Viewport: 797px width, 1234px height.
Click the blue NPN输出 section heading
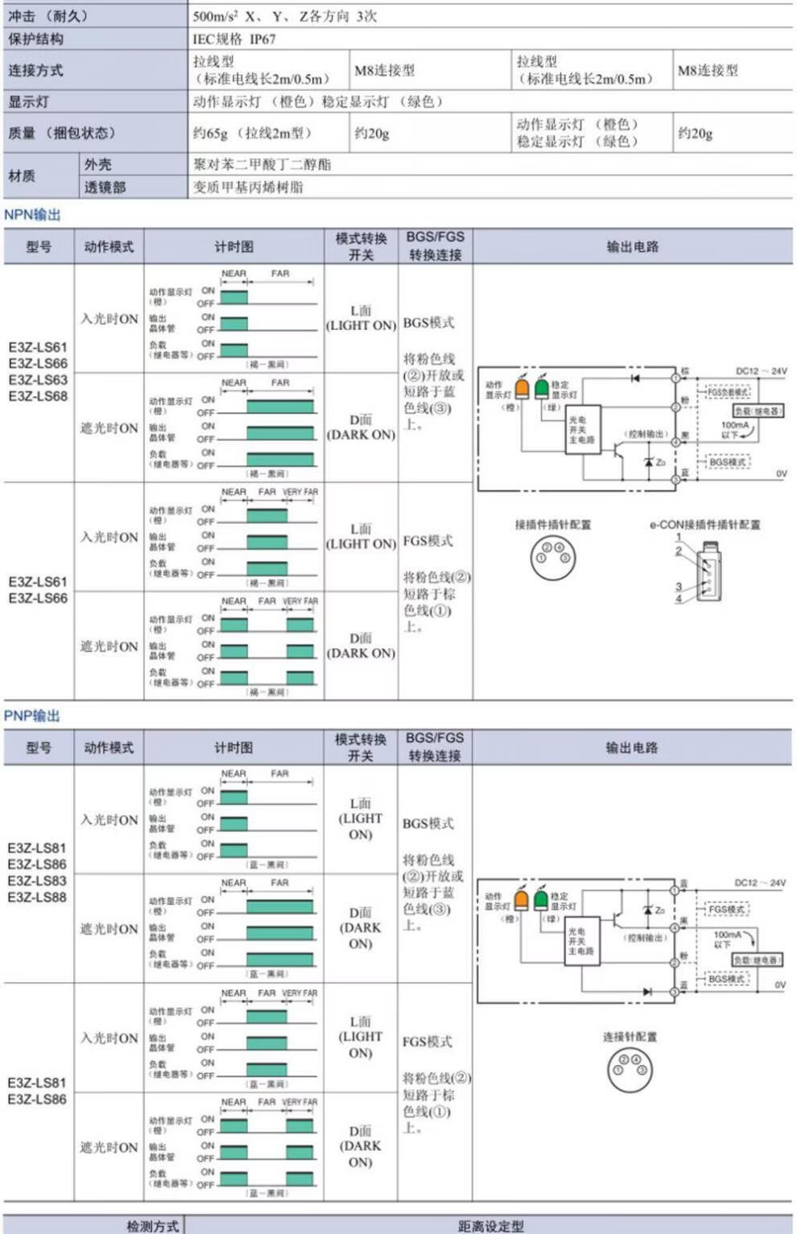pos(32,215)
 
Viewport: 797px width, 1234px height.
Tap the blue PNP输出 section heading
pos(32,716)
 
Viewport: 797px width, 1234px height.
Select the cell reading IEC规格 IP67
pos(233,39)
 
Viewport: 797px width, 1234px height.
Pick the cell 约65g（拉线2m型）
pos(252,133)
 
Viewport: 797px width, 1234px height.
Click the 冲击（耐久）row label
pos(48,16)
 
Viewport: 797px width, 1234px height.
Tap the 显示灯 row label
pos(28,101)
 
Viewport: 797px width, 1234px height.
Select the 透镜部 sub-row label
pos(105,188)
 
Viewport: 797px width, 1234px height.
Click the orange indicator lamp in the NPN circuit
pos(522,388)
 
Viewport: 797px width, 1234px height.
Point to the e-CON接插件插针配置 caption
pos(704,525)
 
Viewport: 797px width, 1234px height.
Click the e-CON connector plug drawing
pos(708,572)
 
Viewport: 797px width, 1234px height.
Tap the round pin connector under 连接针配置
pos(630,1069)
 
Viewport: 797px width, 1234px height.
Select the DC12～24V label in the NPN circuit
pos(761,371)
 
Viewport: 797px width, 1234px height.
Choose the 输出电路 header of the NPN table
pos(632,246)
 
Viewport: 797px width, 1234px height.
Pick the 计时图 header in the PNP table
pos(233,748)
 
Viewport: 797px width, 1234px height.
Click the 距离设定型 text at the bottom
pos(490,1226)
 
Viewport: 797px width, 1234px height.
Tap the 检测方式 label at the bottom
pos(152,1226)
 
